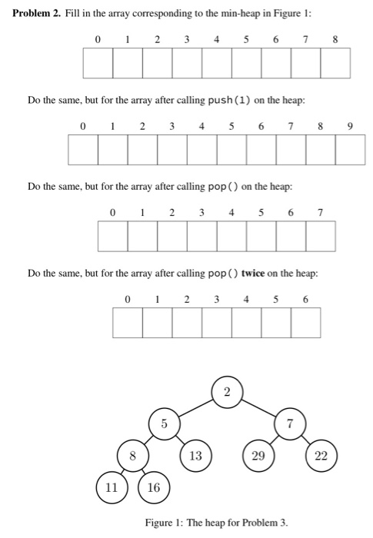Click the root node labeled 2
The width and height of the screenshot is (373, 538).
227,392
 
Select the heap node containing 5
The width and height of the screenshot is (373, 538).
164,423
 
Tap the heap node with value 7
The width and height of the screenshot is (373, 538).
290,423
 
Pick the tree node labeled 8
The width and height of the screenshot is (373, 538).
132,455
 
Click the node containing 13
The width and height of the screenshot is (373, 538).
195,455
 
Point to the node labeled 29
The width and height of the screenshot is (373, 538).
258,455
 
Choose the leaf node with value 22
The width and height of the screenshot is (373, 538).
321,455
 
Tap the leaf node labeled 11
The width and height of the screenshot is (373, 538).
112,487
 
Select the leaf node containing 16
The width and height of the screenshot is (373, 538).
154,487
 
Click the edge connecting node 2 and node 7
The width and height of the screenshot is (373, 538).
258,407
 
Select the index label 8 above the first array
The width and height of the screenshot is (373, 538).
335,38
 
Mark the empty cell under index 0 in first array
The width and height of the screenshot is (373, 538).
97,62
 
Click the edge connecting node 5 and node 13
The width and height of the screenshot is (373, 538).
179,439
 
